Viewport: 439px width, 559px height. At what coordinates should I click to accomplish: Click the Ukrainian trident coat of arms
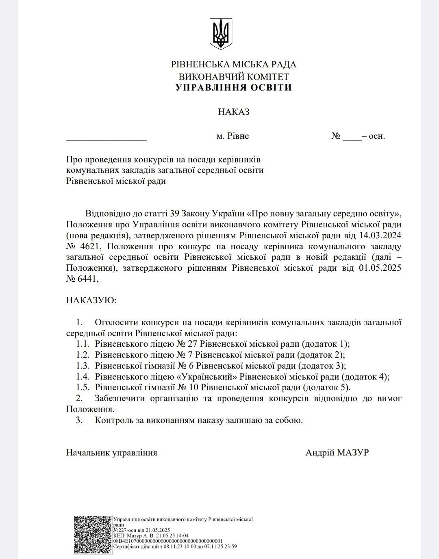coord(221,33)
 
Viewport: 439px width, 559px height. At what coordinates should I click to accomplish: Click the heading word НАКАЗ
coord(234,112)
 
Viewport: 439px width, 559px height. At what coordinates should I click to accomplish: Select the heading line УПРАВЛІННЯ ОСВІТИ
coord(234,88)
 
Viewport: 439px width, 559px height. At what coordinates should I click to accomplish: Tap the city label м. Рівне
coord(233,136)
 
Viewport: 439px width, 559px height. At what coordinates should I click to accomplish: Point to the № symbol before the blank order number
coord(336,136)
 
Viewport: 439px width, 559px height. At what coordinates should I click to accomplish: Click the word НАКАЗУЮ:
coord(91,300)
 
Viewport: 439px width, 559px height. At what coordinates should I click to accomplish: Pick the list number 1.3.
coord(83,366)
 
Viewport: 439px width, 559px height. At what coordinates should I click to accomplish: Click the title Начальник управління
coord(111,453)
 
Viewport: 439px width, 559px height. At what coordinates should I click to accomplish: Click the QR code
coord(92,535)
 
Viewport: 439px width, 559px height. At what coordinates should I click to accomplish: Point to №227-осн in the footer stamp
coord(126,530)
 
